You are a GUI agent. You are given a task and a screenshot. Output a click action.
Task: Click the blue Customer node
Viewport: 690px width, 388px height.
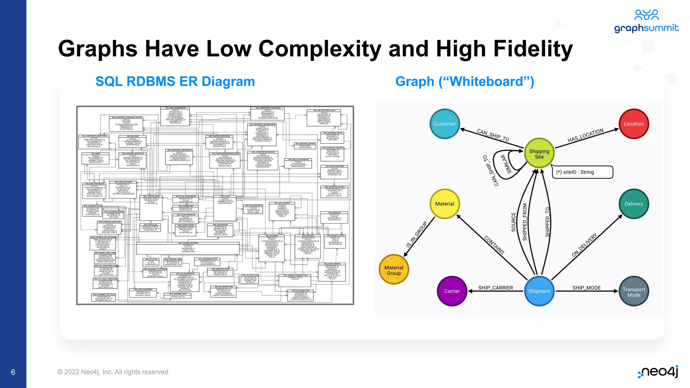coord(445,124)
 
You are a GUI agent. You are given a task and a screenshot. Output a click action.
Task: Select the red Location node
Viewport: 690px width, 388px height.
coord(634,124)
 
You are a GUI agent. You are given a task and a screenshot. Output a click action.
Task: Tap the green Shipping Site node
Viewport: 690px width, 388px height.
coord(539,154)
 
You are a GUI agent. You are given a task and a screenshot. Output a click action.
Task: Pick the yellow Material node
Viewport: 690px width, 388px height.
coord(445,204)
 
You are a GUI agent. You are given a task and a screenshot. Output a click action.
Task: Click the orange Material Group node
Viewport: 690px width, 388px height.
coord(394,270)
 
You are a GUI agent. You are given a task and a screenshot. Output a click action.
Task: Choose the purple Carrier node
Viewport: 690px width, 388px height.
coord(452,291)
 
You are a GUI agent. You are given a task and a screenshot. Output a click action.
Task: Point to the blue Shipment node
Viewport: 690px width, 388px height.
coord(539,291)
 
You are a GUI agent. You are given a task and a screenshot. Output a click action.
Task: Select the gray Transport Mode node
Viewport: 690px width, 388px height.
coord(634,292)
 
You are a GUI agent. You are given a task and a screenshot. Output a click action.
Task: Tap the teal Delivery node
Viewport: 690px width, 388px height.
coord(634,204)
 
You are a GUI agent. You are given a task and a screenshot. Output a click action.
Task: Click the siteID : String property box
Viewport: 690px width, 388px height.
coord(582,172)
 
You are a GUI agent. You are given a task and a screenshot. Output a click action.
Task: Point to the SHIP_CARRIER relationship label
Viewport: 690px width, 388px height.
coord(496,288)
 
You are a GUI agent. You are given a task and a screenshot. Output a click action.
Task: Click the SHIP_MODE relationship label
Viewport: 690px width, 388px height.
coord(587,288)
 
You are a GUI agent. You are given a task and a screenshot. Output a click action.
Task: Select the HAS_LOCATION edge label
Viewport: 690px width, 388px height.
coord(586,135)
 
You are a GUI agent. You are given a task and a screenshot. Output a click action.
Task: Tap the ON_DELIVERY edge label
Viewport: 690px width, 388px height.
coord(584,245)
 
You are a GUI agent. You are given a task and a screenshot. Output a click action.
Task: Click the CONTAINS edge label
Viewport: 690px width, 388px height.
coord(494,245)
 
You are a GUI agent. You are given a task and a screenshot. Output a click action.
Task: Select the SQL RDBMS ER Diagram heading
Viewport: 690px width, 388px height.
coord(175,82)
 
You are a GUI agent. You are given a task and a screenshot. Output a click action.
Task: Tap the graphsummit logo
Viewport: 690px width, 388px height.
coord(646,22)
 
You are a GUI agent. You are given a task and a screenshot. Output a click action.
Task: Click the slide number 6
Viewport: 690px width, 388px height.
coord(13,372)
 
